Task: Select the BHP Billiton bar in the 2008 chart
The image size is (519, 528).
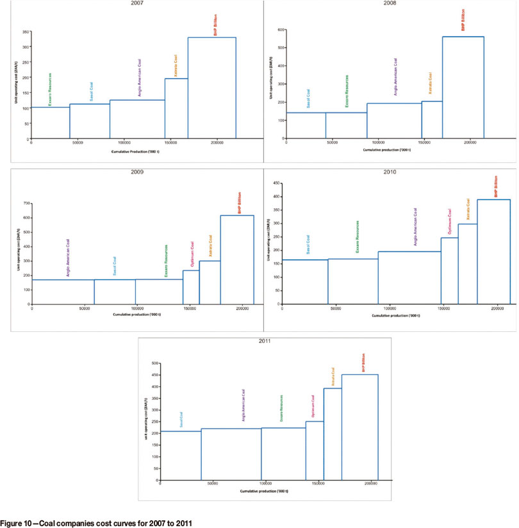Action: pos(463,87)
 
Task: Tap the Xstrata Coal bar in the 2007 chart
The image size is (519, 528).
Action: pos(176,108)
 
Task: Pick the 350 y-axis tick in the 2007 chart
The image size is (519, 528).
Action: pos(25,32)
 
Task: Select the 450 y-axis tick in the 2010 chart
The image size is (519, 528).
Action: pos(277,183)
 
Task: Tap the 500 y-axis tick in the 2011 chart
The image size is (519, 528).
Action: pos(154,363)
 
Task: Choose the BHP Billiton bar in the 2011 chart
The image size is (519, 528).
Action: pos(359,427)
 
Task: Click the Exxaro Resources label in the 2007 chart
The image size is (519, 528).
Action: pos(50,89)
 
